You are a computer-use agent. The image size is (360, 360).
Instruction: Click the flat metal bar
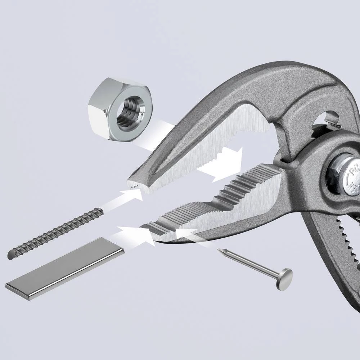click(x=65, y=266)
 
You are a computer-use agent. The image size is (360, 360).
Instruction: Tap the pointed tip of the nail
click(x=219, y=249)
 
